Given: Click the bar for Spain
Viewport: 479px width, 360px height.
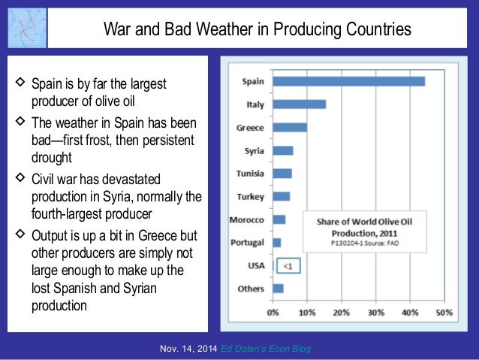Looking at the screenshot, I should point(348,81).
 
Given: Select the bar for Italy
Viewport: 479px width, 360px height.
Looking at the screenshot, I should point(299,104).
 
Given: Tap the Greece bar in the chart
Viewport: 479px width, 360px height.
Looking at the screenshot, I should point(290,127).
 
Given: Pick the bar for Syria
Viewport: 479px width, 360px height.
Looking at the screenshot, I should point(283,150).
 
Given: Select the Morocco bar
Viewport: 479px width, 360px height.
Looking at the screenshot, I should point(279,219).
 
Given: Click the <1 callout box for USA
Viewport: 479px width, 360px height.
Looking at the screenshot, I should point(288,265).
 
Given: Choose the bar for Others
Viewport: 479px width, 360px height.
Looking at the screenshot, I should point(278,288).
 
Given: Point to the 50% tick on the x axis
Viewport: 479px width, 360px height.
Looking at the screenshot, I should point(444,311).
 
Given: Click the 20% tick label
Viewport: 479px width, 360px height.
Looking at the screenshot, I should point(342,311).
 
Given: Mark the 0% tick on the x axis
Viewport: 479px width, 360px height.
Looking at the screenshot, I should point(273,311).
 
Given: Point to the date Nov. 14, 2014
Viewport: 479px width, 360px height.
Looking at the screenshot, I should point(190,349).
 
